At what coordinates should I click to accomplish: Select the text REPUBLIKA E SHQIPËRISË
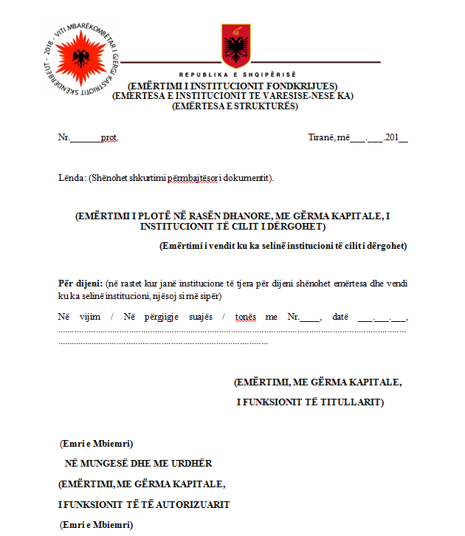[x=236, y=75]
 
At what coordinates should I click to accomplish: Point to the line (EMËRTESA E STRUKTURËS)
[x=234, y=106]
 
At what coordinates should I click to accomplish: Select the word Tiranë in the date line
[x=321, y=137]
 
